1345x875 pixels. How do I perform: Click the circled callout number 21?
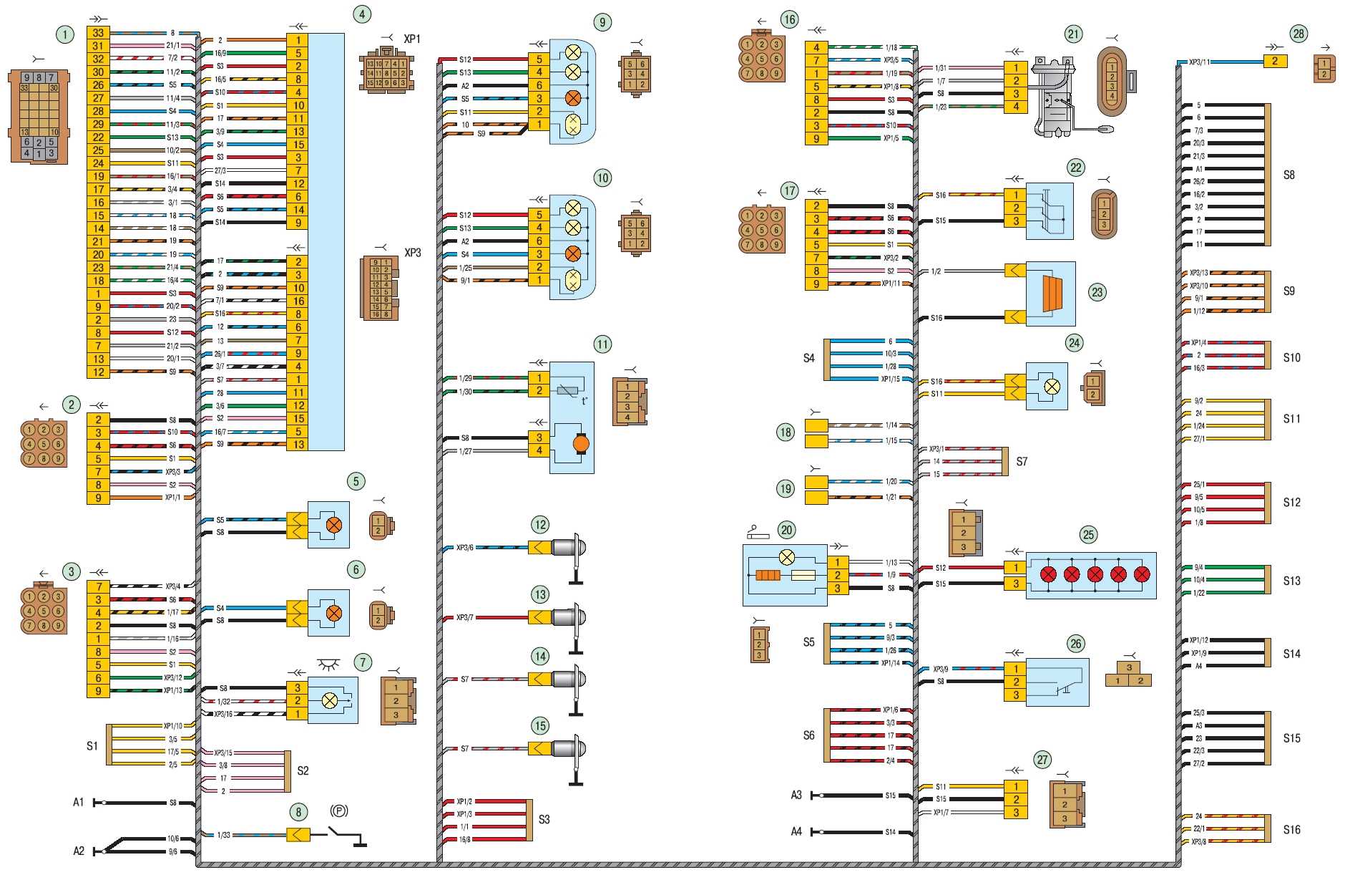pyautogui.click(x=1073, y=34)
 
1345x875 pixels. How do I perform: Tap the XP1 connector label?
pyautogui.click(x=412, y=39)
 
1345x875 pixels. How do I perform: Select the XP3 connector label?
pyautogui.click(x=413, y=253)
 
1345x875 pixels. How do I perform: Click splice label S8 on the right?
pyautogui.click(x=1288, y=175)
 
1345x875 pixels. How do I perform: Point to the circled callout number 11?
pyautogui.click(x=602, y=344)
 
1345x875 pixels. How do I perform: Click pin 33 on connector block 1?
pyautogui.click(x=98, y=33)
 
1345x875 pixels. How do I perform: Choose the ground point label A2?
pyautogui.click(x=79, y=851)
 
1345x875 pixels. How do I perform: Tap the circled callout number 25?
pyautogui.click(x=1088, y=534)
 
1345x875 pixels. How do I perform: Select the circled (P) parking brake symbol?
pyautogui.click(x=338, y=811)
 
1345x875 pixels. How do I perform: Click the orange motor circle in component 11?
pyautogui.click(x=580, y=444)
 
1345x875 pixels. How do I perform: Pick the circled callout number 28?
pyautogui.click(x=1298, y=33)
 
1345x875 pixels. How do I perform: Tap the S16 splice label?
pyautogui.click(x=1291, y=830)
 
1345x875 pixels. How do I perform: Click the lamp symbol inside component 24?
pyautogui.click(x=1052, y=387)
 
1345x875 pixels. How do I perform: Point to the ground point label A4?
pyautogui.click(x=796, y=831)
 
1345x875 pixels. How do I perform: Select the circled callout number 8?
pyautogui.click(x=298, y=811)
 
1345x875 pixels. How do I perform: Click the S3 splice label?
pyautogui.click(x=544, y=819)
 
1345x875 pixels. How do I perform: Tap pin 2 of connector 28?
pyautogui.click(x=1275, y=62)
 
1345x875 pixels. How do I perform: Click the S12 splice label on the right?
pyautogui.click(x=1291, y=503)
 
